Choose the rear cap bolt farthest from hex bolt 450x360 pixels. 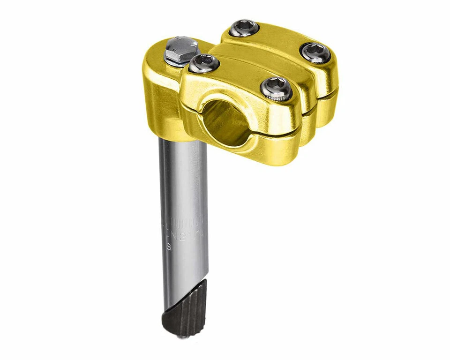pos(315,52)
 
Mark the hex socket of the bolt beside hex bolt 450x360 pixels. pos(203,61)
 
